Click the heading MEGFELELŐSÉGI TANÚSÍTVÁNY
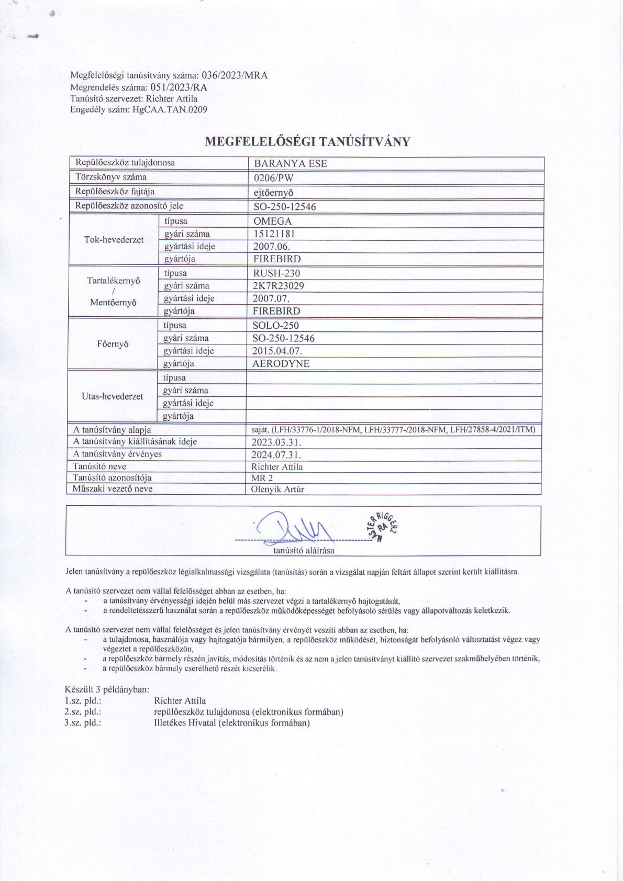click(307, 141)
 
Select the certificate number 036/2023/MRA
click(235, 75)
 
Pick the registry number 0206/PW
click(273, 177)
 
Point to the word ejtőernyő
click(273, 192)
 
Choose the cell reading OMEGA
click(272, 221)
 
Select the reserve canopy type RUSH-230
click(276, 273)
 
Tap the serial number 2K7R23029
click(278, 286)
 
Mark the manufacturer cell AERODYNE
click(281, 364)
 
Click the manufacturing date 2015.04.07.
click(277, 351)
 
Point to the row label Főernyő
click(113, 344)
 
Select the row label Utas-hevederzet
click(112, 397)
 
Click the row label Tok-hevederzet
click(114, 240)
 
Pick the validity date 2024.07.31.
click(276, 454)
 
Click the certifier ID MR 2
click(262, 478)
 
